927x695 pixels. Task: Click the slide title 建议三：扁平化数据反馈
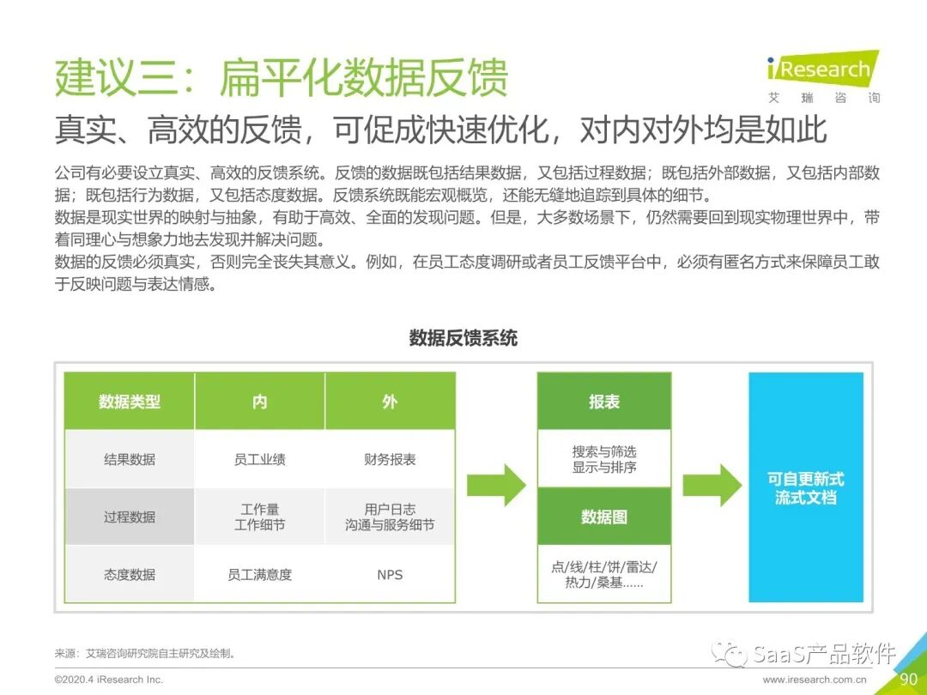tap(282, 77)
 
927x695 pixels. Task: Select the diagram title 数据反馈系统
tap(463, 338)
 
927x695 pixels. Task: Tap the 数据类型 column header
tap(130, 402)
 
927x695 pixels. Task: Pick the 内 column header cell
tap(260, 402)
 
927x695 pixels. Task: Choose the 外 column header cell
tap(390, 402)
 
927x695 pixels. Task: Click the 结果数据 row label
tap(130, 459)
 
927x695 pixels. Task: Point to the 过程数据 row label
tap(130, 517)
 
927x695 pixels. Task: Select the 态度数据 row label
tap(130, 574)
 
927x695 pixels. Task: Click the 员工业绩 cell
tap(260, 459)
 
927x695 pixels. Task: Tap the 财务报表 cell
tap(390, 459)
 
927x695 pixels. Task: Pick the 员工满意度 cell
tap(260, 574)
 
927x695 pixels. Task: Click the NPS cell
tap(390, 574)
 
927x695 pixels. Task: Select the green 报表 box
tap(604, 402)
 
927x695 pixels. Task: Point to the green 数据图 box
tap(604, 517)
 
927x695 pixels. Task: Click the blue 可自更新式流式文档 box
tap(805, 487)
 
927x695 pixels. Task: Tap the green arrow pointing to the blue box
tap(712, 485)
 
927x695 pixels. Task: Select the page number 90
tap(908, 680)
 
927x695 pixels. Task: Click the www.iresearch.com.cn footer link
tap(815, 680)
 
